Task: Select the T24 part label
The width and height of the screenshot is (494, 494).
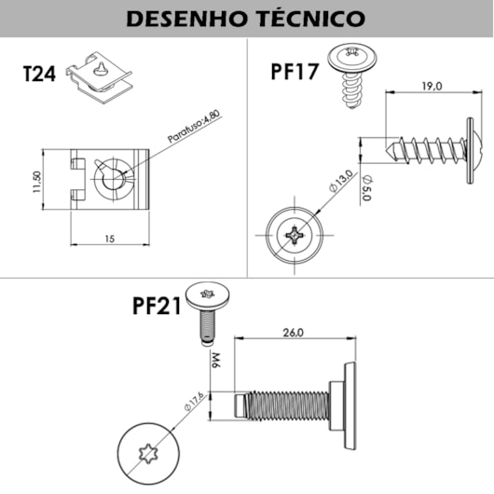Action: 39,75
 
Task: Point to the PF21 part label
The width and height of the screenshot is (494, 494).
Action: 156,306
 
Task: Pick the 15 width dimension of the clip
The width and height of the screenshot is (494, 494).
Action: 109,240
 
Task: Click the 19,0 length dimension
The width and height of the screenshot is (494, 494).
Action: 430,86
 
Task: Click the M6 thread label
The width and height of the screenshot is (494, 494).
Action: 214,360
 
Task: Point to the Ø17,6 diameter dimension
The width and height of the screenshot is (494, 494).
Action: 194,403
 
